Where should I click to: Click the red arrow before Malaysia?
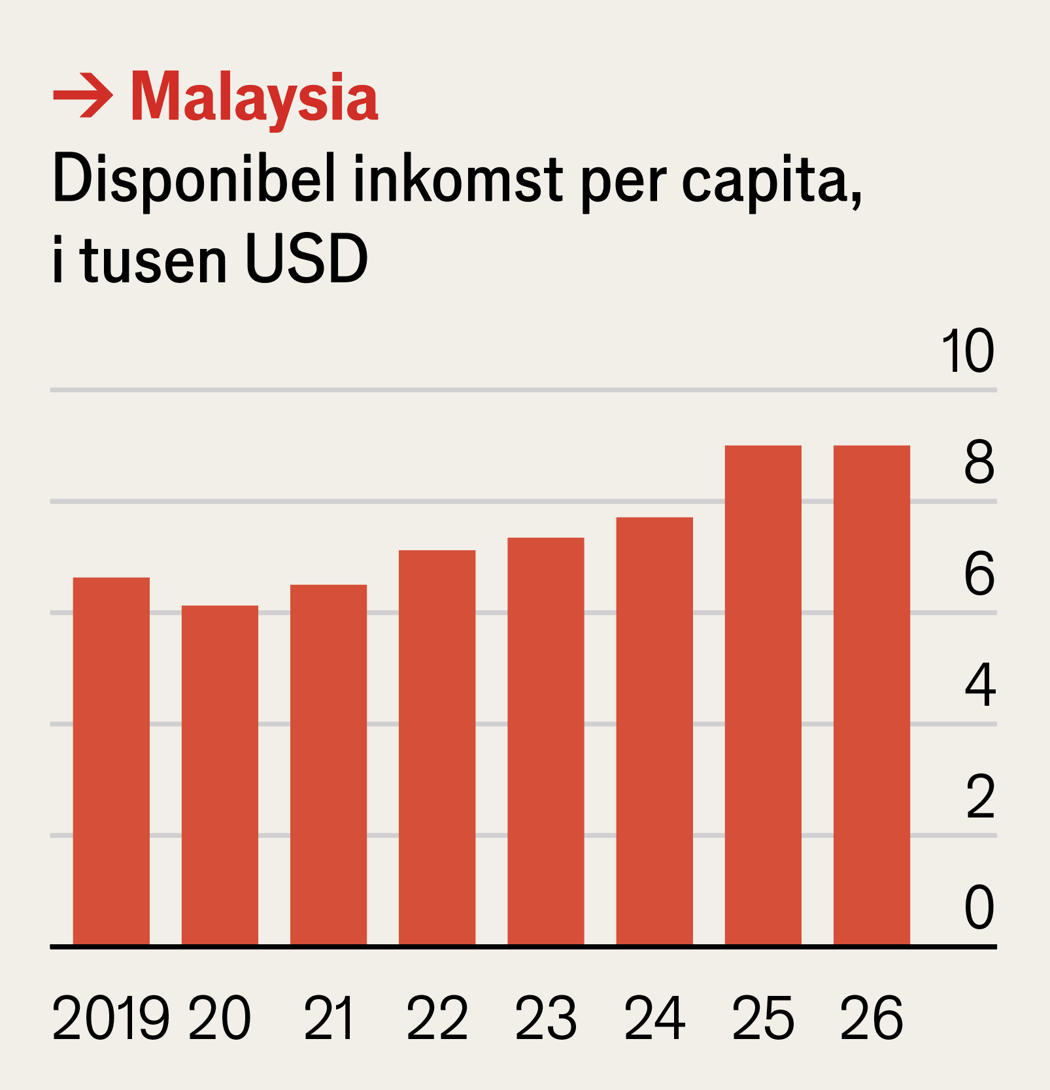click(x=82, y=97)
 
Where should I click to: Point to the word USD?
click(x=306, y=259)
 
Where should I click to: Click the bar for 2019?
click(x=111, y=761)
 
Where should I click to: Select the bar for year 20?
click(x=220, y=775)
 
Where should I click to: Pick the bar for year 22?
click(x=437, y=748)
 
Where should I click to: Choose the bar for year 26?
click(x=872, y=695)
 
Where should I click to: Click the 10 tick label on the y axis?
click(x=968, y=352)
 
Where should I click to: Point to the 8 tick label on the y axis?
click(x=979, y=463)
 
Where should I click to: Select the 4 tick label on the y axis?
click(x=979, y=685)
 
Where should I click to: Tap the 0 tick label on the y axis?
click(x=979, y=908)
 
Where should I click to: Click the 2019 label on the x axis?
click(x=110, y=1017)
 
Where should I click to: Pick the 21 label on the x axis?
click(x=329, y=1017)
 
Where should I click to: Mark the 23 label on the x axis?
click(x=546, y=1017)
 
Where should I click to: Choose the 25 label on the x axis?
click(x=763, y=1017)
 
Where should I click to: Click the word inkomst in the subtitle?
click(x=458, y=180)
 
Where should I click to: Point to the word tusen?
click(x=154, y=259)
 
